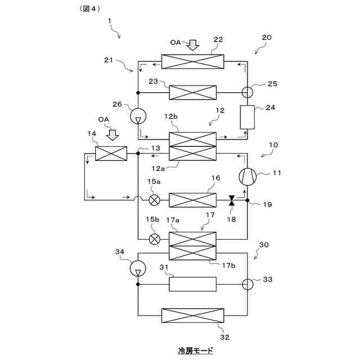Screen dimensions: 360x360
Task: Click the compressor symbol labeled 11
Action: [247, 177]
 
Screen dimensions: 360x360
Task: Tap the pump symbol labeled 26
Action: [138, 116]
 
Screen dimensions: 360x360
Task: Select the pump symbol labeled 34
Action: [138, 269]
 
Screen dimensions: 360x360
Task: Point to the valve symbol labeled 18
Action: [231, 200]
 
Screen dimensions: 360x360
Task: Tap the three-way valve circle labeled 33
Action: [247, 284]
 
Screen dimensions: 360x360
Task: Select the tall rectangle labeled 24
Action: [247, 117]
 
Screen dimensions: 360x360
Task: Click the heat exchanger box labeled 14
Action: [111, 153]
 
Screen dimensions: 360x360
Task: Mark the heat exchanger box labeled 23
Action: [192, 92]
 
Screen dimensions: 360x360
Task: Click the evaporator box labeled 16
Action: [192, 200]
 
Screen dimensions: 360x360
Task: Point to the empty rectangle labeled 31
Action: [192, 284]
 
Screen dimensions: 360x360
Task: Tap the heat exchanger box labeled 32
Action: [192, 316]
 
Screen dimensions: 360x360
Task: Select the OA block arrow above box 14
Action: [112, 134]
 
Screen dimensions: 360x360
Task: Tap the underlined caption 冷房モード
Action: [195, 350]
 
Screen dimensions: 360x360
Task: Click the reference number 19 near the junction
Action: [267, 205]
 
